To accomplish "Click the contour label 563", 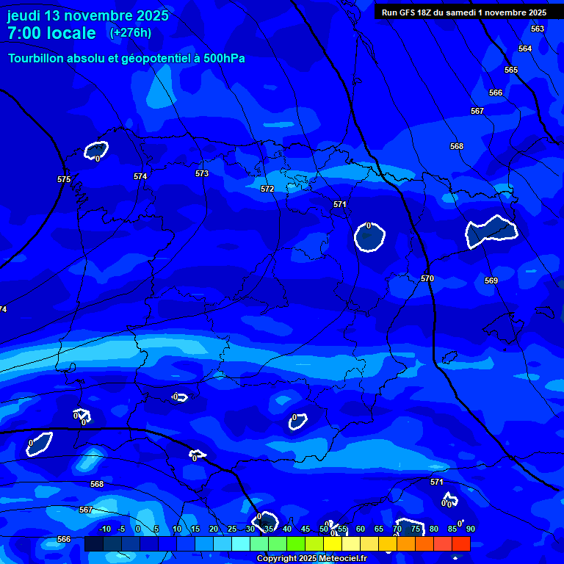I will pos(538,29).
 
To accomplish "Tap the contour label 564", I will pos(525,48).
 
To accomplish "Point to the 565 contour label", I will pos(511,70).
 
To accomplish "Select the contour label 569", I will pos(491,281).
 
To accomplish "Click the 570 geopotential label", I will pos(427,278).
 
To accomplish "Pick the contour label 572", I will pos(267,189).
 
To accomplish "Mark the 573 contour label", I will pos(202,173).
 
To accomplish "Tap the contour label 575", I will pos(64,179).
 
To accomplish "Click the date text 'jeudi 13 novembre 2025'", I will pos(87,15).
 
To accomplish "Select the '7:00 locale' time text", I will pos(51,33).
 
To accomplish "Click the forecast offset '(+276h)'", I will pos(131,33).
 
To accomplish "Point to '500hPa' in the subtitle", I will pos(220,59).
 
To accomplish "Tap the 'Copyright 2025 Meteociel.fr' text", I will pos(311,559).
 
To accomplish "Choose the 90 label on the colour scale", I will pos(470,529).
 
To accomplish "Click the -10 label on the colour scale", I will pos(104,529).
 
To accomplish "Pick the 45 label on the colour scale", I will pos(305,529).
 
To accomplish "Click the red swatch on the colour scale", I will pos(460,543).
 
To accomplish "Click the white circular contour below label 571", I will pos(369,237).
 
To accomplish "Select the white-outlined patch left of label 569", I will pos(491,231).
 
